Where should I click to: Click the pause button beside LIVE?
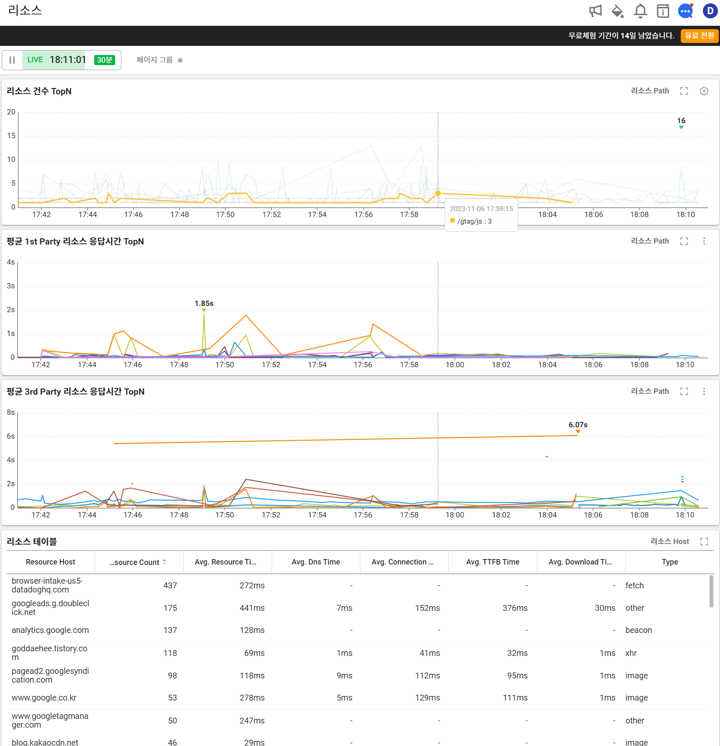click(x=12, y=60)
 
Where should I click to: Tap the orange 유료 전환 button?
click(x=699, y=36)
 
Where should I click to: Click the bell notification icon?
click(x=640, y=11)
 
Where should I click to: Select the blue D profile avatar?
click(x=710, y=11)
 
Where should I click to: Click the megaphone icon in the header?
click(x=595, y=11)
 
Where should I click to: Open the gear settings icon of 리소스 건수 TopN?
click(x=704, y=91)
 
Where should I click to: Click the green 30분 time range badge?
click(x=104, y=60)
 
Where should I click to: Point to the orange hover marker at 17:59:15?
click(x=438, y=193)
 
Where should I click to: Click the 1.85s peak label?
click(x=204, y=303)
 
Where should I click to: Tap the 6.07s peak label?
click(x=578, y=425)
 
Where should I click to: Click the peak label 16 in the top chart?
click(x=681, y=121)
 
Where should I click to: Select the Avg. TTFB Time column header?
click(x=493, y=562)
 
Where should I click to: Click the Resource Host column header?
click(x=50, y=562)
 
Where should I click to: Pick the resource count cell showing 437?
click(x=170, y=585)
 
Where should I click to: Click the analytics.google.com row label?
click(x=50, y=630)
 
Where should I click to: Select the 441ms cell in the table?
click(x=252, y=608)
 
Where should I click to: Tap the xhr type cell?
click(x=631, y=653)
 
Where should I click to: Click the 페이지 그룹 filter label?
click(x=154, y=60)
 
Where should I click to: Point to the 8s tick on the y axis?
click(x=11, y=412)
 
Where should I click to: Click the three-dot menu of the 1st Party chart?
click(x=704, y=241)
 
